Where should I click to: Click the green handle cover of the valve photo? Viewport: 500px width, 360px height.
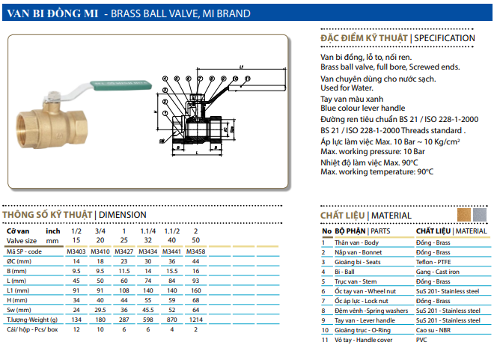coord(121,85)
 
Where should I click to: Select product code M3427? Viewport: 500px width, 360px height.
coord(124,251)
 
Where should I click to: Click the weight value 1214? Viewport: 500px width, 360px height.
coord(196,320)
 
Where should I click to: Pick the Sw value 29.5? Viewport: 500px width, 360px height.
coord(100,310)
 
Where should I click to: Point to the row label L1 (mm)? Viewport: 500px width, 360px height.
coord(18,290)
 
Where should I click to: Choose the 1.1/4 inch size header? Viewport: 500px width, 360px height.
coord(148,231)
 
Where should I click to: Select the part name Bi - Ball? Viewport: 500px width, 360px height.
coord(344,272)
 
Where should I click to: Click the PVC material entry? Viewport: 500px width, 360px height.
coord(421,340)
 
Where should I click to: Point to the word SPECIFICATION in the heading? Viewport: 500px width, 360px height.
coord(445,38)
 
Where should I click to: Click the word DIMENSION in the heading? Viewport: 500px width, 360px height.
coord(123,215)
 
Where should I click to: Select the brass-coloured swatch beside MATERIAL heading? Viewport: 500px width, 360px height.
coord(464,215)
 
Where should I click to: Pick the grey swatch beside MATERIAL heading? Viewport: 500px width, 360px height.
coord(480,215)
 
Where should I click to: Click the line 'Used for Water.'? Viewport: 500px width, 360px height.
coord(347,88)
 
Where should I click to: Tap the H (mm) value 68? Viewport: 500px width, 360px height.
coord(196,300)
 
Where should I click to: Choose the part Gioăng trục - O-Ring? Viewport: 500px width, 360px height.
coord(362,330)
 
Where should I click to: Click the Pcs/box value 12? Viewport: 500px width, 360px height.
coord(76,329)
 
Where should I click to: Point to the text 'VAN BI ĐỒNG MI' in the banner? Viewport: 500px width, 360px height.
coord(52,13)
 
